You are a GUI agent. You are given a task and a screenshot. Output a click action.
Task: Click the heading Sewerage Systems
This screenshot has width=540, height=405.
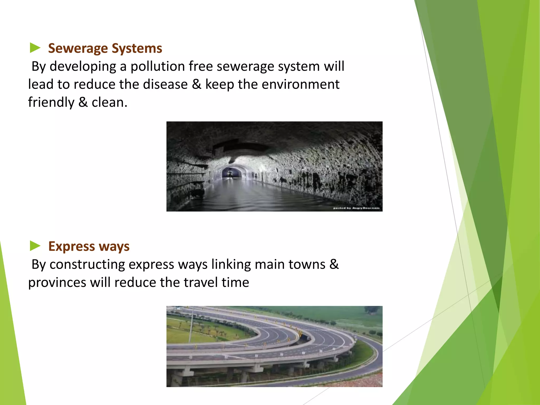105,49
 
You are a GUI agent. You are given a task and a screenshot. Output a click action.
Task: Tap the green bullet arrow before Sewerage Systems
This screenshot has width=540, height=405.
35,48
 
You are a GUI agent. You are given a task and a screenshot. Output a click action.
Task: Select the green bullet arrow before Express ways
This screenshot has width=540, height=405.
35,246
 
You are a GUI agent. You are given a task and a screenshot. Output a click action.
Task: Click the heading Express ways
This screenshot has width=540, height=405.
89,247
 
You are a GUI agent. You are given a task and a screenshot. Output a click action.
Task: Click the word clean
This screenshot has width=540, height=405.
109,103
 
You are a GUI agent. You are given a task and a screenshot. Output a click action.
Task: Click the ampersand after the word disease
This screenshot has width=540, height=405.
196,84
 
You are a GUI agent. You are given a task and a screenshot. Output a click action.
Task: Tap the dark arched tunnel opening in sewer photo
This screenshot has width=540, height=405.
232,173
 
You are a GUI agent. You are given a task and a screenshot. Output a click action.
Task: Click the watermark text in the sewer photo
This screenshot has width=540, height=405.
356,208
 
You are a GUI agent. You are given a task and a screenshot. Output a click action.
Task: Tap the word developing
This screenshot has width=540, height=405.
83,66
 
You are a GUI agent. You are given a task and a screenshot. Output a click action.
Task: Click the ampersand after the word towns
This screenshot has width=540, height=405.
334,264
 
